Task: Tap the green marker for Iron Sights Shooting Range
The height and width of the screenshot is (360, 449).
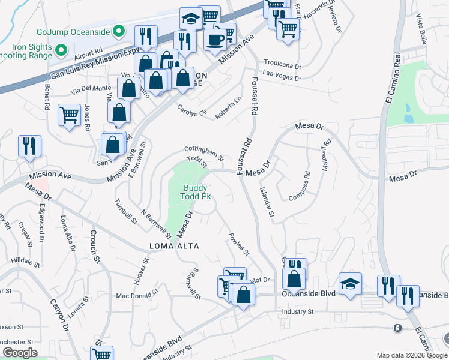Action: tap(61, 49)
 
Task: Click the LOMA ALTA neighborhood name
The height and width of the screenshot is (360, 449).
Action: tap(174, 246)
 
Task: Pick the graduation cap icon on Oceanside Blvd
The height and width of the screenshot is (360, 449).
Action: tap(350, 283)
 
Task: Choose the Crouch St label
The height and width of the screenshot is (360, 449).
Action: tap(94, 246)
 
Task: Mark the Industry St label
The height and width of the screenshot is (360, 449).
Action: tap(298, 311)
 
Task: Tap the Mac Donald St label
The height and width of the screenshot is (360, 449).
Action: tap(137, 296)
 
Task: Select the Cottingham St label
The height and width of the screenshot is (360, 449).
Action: tap(203, 154)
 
